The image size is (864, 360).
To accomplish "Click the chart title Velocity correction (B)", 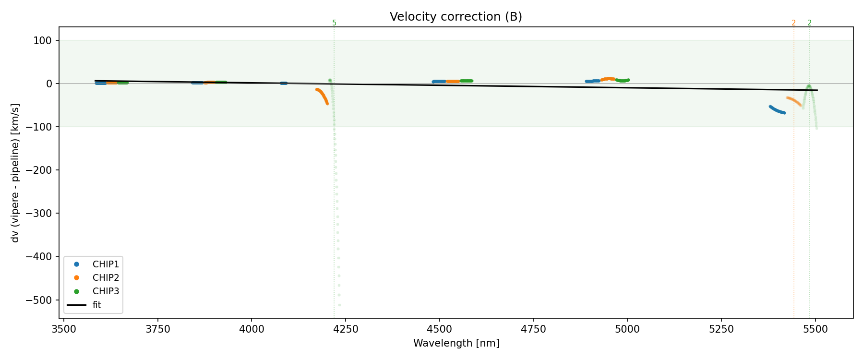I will (456, 17).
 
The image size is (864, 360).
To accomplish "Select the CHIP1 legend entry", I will (106, 264).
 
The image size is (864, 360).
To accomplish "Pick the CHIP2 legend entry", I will (106, 278).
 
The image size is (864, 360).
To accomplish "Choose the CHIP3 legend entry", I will (106, 291).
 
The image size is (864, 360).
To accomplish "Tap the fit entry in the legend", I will (96, 305).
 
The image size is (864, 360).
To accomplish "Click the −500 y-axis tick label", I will (39, 300).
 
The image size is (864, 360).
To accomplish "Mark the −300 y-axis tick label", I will (39, 214).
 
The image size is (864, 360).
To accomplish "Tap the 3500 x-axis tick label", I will (64, 329).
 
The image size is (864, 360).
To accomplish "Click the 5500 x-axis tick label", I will (816, 329).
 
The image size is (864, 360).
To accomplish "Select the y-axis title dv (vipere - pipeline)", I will (15, 173).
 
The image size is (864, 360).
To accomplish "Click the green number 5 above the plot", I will (334, 23).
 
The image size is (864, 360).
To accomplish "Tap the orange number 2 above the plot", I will (793, 23).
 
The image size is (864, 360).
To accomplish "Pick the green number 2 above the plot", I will (809, 23).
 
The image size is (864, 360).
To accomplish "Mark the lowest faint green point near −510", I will (339, 305).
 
